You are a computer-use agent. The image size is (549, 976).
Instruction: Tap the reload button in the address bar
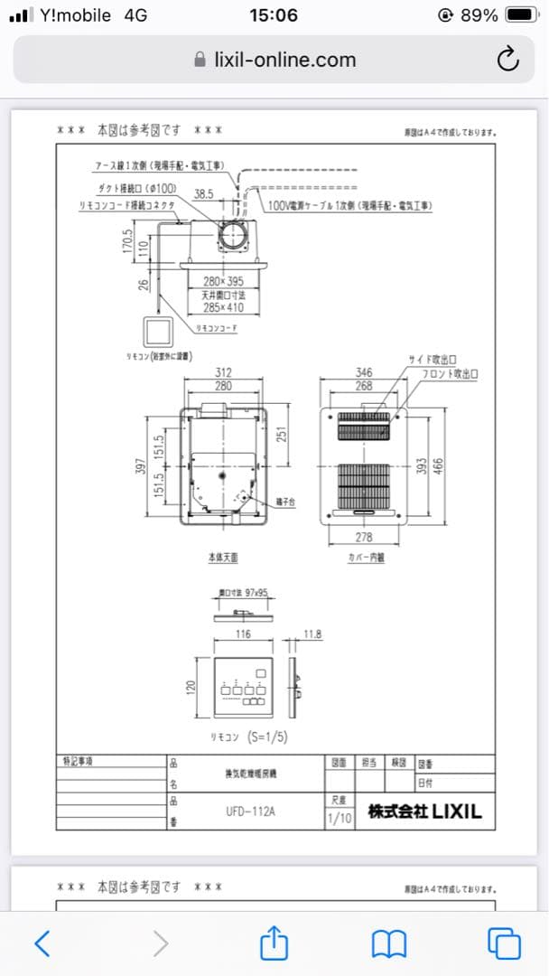[508, 60]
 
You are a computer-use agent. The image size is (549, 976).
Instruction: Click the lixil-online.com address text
[284, 60]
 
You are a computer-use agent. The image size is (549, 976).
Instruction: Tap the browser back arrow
[42, 943]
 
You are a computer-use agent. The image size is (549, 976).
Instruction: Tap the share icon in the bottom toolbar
[273, 943]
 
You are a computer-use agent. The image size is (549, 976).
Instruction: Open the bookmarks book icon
[388, 943]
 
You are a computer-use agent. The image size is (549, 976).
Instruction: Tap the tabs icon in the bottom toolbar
[504, 943]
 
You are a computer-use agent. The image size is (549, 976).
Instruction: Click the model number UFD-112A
[250, 812]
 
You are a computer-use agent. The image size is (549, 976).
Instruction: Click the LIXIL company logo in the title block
[424, 812]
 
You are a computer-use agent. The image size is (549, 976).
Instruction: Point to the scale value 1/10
[340, 819]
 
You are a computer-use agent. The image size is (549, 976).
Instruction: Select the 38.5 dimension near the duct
[203, 193]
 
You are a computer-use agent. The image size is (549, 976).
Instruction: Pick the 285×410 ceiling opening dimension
[223, 307]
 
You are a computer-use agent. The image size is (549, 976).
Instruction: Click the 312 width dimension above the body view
[222, 372]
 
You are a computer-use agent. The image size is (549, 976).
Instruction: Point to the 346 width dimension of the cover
[364, 372]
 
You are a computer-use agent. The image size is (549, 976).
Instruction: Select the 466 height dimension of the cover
[439, 465]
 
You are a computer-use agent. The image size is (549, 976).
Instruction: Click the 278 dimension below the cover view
[364, 539]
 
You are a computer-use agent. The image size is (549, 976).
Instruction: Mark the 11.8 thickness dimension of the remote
[312, 634]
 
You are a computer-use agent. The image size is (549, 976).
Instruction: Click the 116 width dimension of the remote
[243, 634]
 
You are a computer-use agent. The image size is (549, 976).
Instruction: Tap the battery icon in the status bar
[521, 15]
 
